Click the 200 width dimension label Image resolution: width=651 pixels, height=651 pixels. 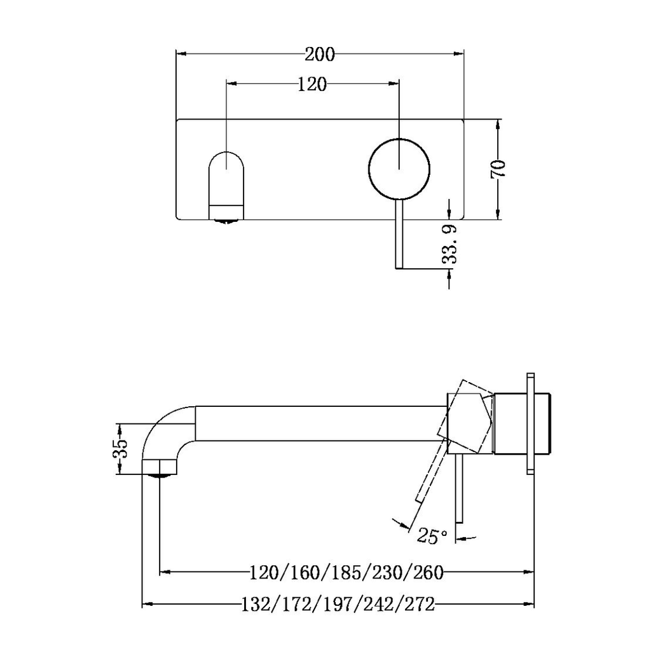[x=320, y=55]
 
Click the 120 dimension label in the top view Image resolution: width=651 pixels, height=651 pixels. [x=312, y=85]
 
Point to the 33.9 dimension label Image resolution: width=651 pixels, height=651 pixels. [x=449, y=244]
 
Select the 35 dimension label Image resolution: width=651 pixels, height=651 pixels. [x=120, y=448]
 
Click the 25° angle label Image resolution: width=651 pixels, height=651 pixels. [x=432, y=535]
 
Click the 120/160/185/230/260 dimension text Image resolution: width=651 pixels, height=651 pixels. [x=346, y=573]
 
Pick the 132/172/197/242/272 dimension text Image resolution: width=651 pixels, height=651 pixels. [x=338, y=605]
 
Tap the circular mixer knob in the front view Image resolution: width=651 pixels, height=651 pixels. [x=399, y=168]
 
